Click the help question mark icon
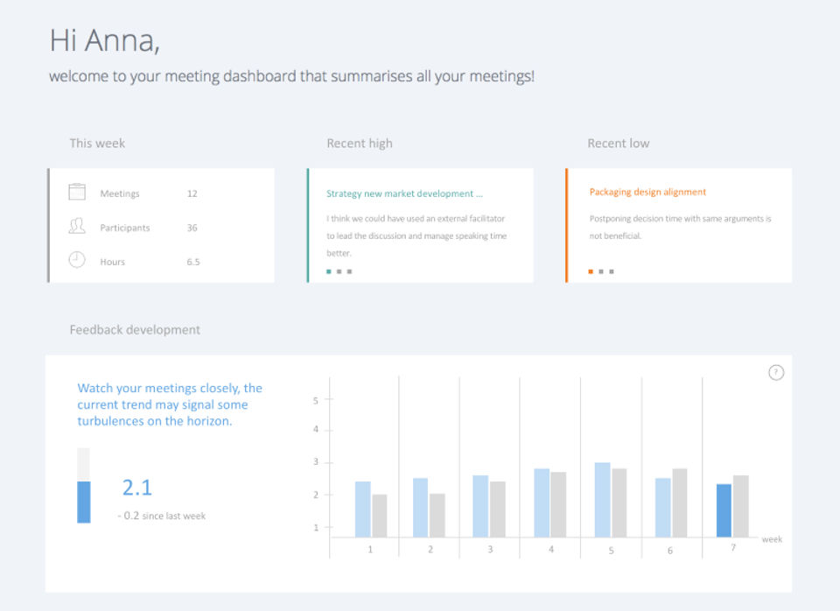click(x=776, y=372)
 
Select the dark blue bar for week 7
click(x=724, y=510)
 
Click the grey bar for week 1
click(x=379, y=516)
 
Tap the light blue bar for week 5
click(x=602, y=499)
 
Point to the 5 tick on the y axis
click(x=316, y=400)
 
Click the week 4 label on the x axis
click(x=550, y=550)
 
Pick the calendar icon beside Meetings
click(x=77, y=193)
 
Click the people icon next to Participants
click(x=77, y=227)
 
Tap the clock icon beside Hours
click(x=77, y=260)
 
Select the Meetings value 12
click(x=192, y=193)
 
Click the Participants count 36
click(x=192, y=228)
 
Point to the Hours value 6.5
click(x=192, y=262)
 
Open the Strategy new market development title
click(x=404, y=193)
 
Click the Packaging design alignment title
click(x=647, y=192)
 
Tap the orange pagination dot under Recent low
click(x=591, y=271)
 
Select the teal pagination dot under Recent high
click(x=329, y=271)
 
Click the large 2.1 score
click(x=137, y=488)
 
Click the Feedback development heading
click(x=135, y=330)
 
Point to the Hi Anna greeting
click(x=104, y=40)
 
